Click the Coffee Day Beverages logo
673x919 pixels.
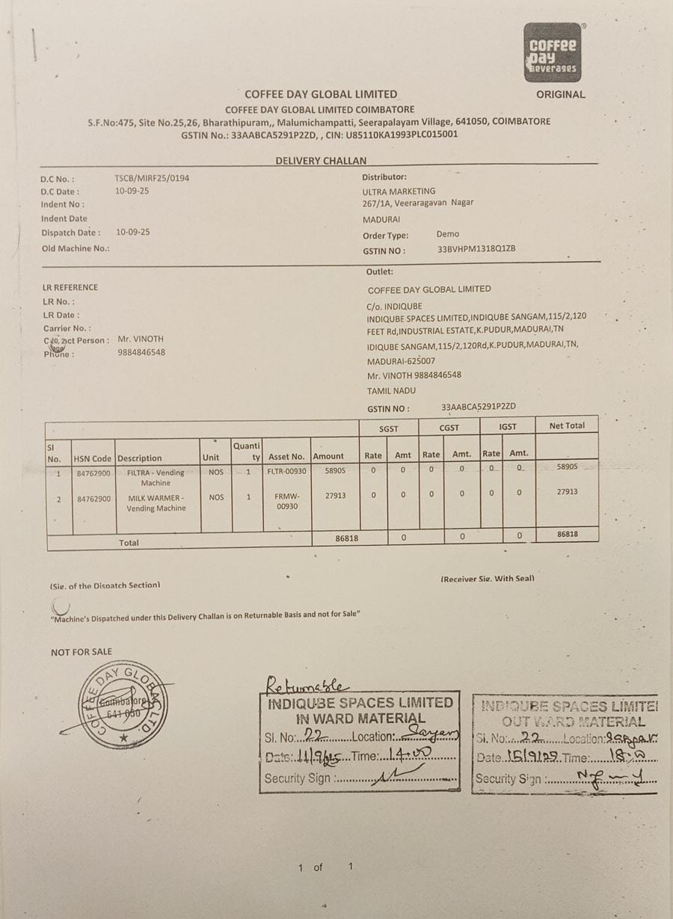pyautogui.click(x=553, y=52)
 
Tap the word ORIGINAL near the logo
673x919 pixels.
pyautogui.click(x=560, y=95)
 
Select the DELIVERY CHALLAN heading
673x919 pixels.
pyautogui.click(x=321, y=161)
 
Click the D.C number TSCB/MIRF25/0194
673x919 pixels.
pyautogui.click(x=147, y=179)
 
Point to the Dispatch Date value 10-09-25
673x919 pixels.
pyautogui.click(x=133, y=232)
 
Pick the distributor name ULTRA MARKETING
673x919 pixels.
pyautogui.click(x=399, y=191)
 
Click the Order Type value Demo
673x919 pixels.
pyautogui.click(x=448, y=234)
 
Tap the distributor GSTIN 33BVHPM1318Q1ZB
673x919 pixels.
pyautogui.click(x=476, y=250)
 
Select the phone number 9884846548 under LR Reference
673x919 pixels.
pyautogui.click(x=141, y=352)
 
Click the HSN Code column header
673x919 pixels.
pyautogui.click(x=93, y=458)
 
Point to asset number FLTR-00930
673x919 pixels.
pyautogui.click(x=286, y=473)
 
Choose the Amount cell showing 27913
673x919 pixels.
pyautogui.click(x=336, y=495)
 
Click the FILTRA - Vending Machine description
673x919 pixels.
pyautogui.click(x=156, y=478)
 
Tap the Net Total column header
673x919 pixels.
pyautogui.click(x=567, y=425)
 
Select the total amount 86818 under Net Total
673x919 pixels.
pyautogui.click(x=568, y=535)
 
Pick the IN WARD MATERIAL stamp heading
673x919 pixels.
pyautogui.click(x=360, y=719)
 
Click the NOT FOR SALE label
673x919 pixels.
pyautogui.click(x=82, y=652)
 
